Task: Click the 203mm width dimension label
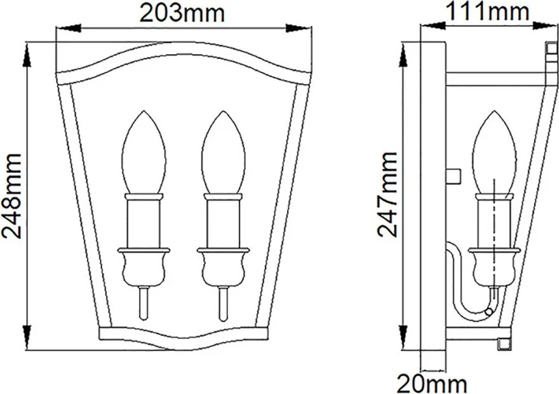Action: click(182, 14)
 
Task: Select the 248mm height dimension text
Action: click(12, 196)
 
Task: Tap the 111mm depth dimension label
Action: click(487, 11)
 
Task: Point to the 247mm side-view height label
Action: click(387, 194)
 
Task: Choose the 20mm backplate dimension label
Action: click(431, 384)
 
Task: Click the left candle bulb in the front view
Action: click(144, 153)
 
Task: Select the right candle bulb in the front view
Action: click(223, 153)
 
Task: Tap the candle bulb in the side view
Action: click(494, 153)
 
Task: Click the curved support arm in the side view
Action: click(464, 285)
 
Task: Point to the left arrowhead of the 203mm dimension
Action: click(70, 29)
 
